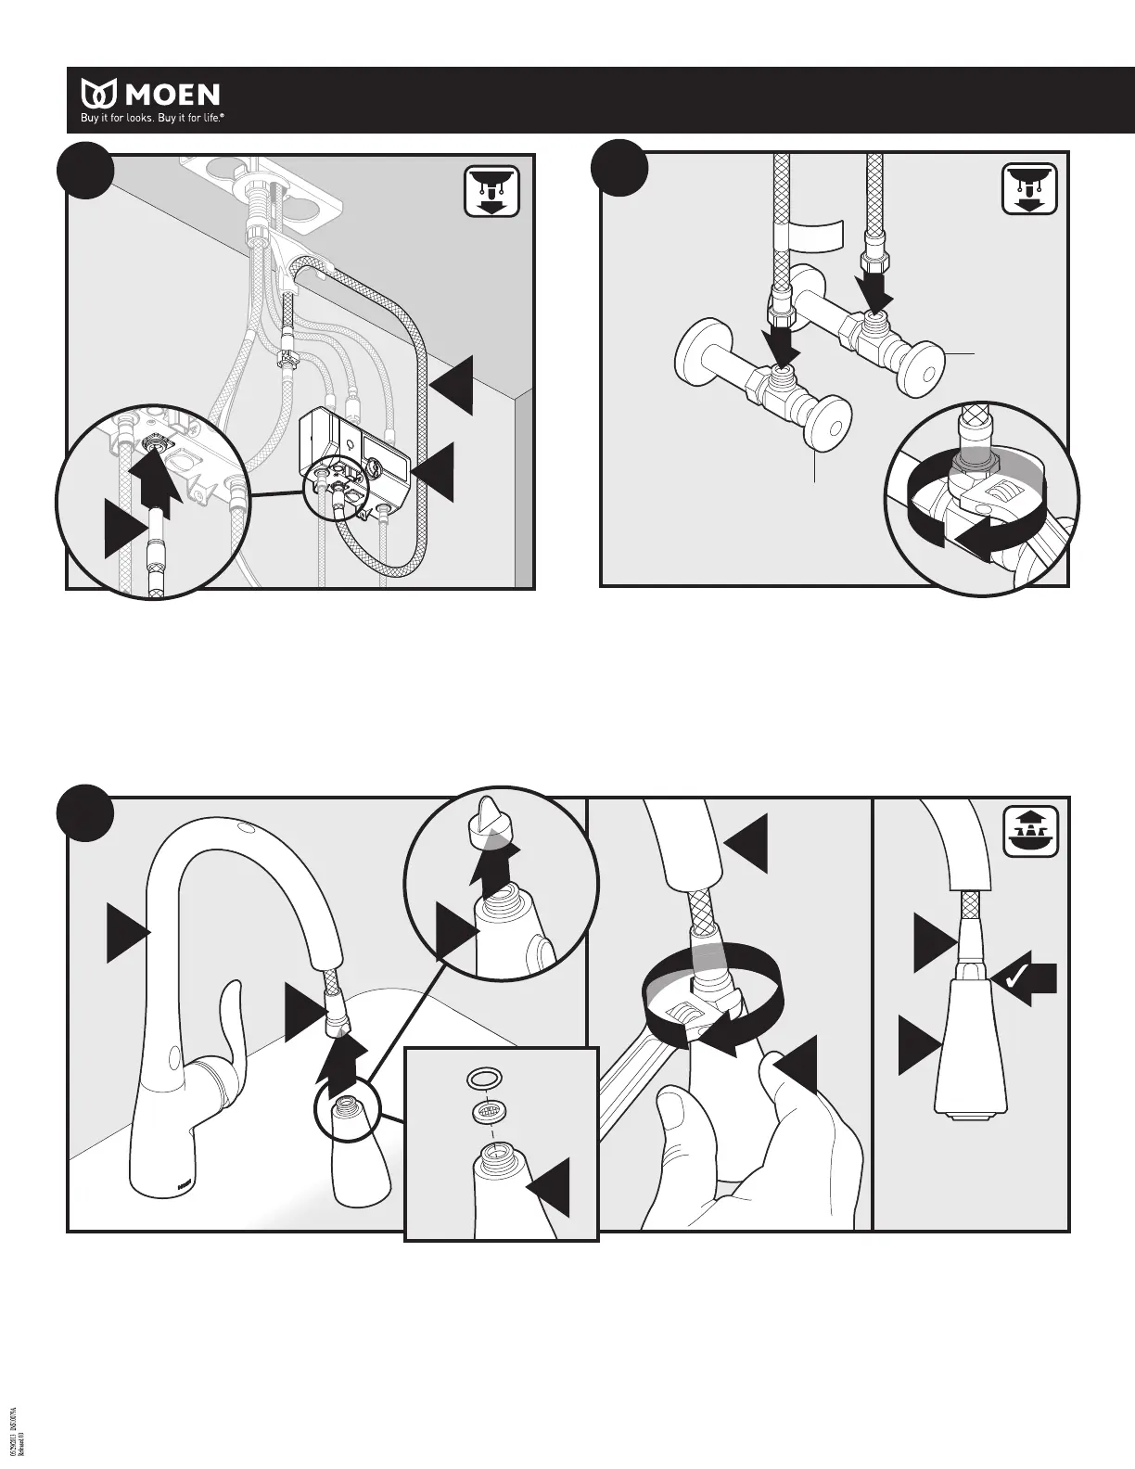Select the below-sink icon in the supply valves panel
point(1030,191)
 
